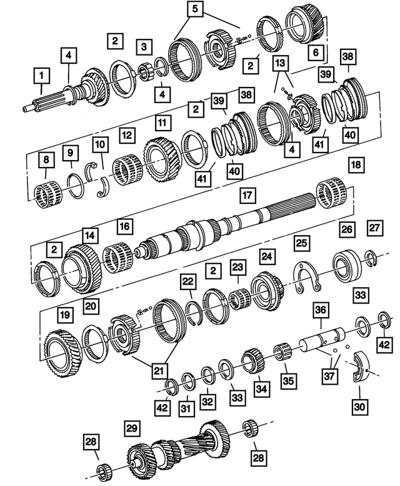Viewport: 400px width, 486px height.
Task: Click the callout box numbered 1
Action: pos(42,78)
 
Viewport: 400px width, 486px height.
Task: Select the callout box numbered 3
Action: pos(144,46)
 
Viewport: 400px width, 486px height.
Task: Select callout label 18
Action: pos(356,165)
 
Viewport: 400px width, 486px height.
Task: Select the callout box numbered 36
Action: pos(321,309)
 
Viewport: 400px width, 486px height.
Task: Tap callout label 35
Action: pos(287,379)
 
